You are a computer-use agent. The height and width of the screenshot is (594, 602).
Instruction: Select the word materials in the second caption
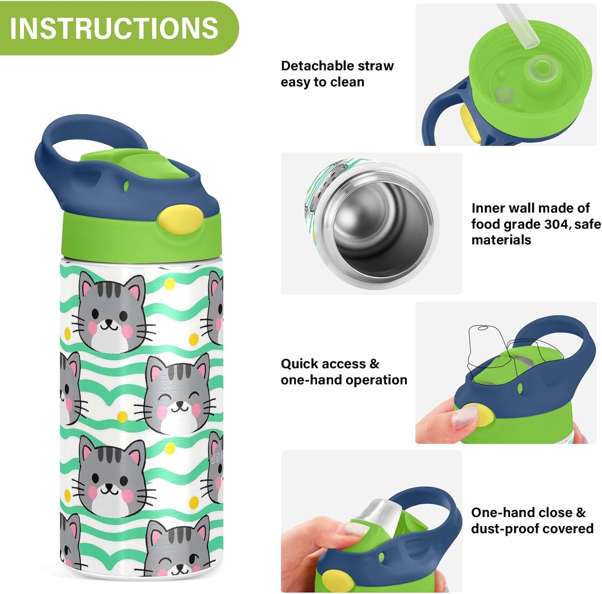click(x=501, y=240)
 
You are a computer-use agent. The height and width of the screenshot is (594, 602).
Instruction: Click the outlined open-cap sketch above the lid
click(x=502, y=349)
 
